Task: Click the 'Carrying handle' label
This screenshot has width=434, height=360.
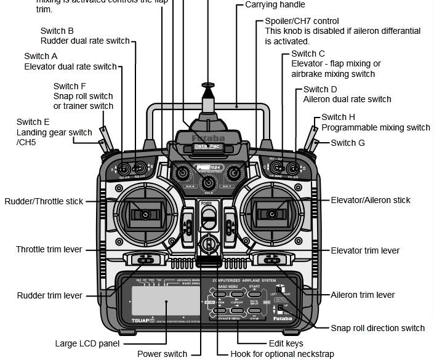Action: pos(275,5)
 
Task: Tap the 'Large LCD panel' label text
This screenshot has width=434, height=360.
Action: pos(87,343)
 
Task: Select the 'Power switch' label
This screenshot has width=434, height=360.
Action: pos(162,354)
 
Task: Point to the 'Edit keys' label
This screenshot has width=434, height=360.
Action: pos(286,343)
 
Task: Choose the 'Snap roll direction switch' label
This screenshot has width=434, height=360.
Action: pos(378,328)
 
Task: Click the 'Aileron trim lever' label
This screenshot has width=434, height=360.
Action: pos(363,295)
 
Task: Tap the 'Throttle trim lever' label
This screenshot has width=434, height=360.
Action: pos(49,250)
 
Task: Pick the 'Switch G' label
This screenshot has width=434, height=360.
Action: pos(348,143)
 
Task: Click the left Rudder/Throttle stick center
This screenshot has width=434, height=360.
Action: pos(145,214)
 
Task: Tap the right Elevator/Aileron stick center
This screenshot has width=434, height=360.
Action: pos(271,214)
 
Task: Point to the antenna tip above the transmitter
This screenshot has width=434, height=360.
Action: pos(208,84)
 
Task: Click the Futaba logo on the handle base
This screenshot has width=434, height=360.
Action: pos(208,138)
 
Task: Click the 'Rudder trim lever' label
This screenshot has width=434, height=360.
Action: pos(49,295)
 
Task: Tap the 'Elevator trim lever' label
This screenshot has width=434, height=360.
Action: pos(365,250)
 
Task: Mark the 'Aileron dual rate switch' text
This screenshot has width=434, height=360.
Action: pos(347,99)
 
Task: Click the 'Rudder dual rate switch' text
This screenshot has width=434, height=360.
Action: pos(85,41)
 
